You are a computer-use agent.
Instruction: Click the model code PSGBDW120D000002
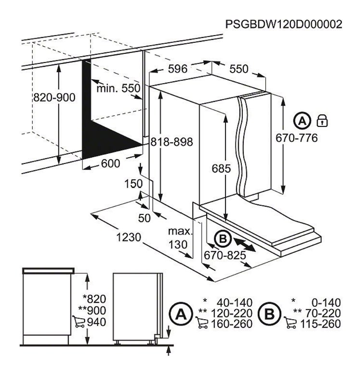pyautogui.click(x=284, y=24)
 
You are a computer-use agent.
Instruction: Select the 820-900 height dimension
pyautogui.click(x=54, y=97)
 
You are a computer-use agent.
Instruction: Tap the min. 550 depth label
pyautogui.click(x=118, y=88)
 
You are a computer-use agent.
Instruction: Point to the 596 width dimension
pyautogui.click(x=178, y=69)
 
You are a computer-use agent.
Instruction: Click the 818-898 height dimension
pyautogui.click(x=172, y=142)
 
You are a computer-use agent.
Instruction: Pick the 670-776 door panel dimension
pyautogui.click(x=297, y=138)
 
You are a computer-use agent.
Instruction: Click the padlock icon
pyautogui.click(x=322, y=120)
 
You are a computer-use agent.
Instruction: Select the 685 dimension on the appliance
pyautogui.click(x=221, y=169)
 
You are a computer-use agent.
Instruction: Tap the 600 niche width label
pyautogui.click(x=111, y=163)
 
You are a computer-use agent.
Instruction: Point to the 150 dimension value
pyautogui.click(x=134, y=184)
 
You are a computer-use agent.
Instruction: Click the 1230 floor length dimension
pyautogui.click(x=129, y=237)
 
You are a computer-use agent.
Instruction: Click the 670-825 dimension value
pyautogui.click(x=225, y=255)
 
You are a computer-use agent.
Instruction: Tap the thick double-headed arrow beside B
pyautogui.click(x=245, y=243)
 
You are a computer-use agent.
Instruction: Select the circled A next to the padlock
pyautogui.click(x=302, y=121)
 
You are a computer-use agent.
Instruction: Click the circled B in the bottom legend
pyautogui.click(x=270, y=314)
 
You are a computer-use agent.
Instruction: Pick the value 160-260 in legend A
pyautogui.click(x=231, y=324)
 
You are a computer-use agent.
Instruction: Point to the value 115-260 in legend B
pyautogui.click(x=320, y=324)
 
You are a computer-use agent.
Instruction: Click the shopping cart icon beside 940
pyautogui.click(x=79, y=321)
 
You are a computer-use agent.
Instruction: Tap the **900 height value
pyautogui.click(x=92, y=311)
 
